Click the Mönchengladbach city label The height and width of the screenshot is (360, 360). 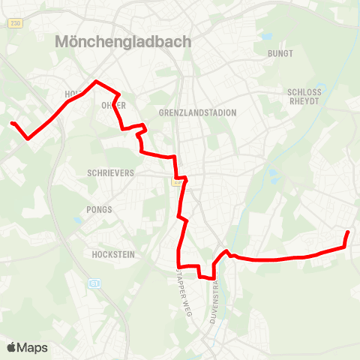pos(123,43)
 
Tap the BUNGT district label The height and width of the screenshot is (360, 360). pos(280,54)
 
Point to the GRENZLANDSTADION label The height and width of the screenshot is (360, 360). pos(198,112)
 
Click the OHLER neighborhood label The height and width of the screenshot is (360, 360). pos(113,105)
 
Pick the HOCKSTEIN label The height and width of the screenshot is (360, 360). pos(112,255)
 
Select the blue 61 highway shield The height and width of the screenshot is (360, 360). pos(94,283)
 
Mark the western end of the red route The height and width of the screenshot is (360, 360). pos(12,123)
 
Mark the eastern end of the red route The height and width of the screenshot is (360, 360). pos(348,232)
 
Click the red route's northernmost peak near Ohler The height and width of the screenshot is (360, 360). pos(95,81)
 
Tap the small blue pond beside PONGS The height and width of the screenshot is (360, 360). pos(78,220)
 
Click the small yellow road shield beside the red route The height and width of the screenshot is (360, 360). pos(178,181)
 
